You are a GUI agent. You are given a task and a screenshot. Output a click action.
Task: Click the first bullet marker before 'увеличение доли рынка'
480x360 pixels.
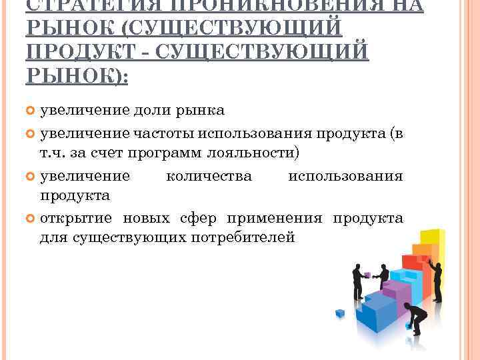point(32,109)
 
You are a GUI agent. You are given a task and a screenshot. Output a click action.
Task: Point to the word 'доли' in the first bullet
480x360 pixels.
point(153,109)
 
